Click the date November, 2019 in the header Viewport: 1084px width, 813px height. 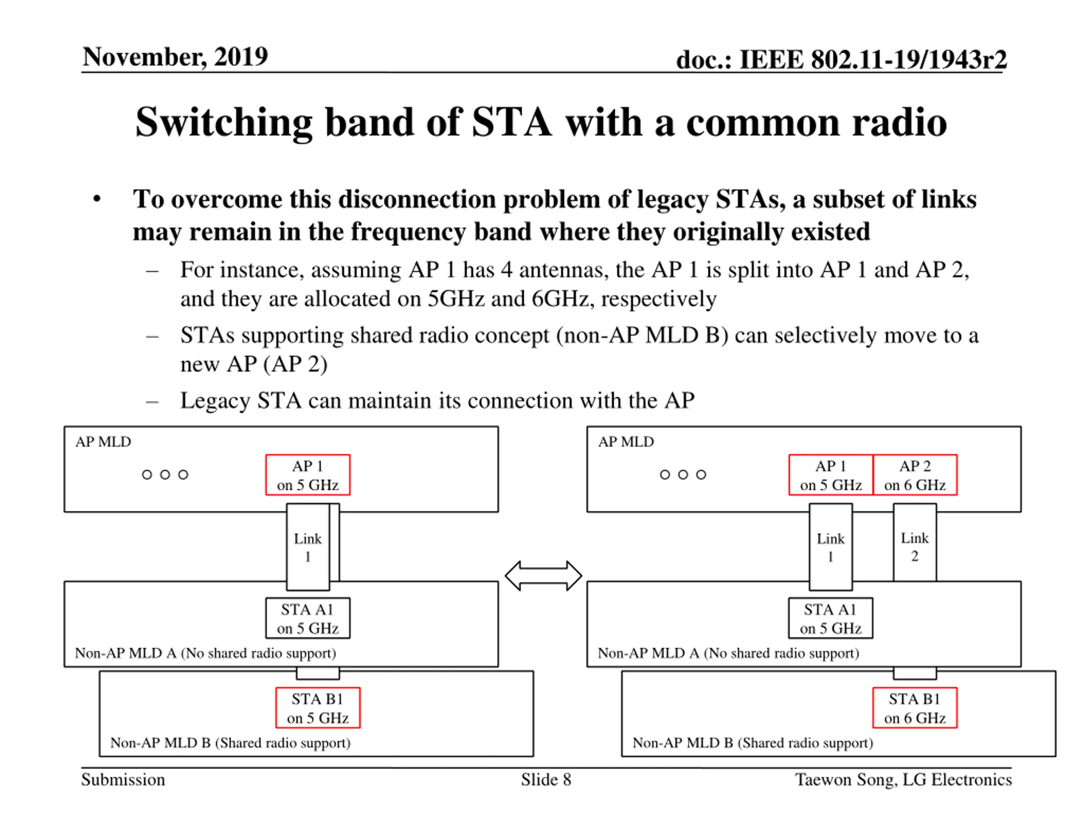point(175,57)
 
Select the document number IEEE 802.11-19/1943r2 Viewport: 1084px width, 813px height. point(873,60)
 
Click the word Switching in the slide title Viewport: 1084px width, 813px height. point(224,123)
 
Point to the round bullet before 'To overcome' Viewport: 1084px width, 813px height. point(97,199)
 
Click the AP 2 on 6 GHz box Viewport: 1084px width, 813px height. point(915,475)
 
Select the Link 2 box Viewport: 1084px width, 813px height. point(915,542)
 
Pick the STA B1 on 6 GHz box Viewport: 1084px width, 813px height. point(915,708)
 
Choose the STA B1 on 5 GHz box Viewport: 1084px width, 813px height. point(318,708)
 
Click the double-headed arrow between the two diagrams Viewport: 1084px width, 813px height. point(543,576)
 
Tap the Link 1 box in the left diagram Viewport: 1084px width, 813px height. point(308,547)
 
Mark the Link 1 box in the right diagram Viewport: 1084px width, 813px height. point(831,547)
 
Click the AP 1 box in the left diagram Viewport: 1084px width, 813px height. point(308,475)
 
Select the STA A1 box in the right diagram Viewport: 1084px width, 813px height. point(831,618)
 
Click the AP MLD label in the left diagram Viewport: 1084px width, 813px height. point(103,442)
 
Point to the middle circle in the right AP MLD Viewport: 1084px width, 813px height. point(683,474)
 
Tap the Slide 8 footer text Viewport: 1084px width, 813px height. point(546,780)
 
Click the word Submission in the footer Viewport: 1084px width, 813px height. point(123,780)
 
